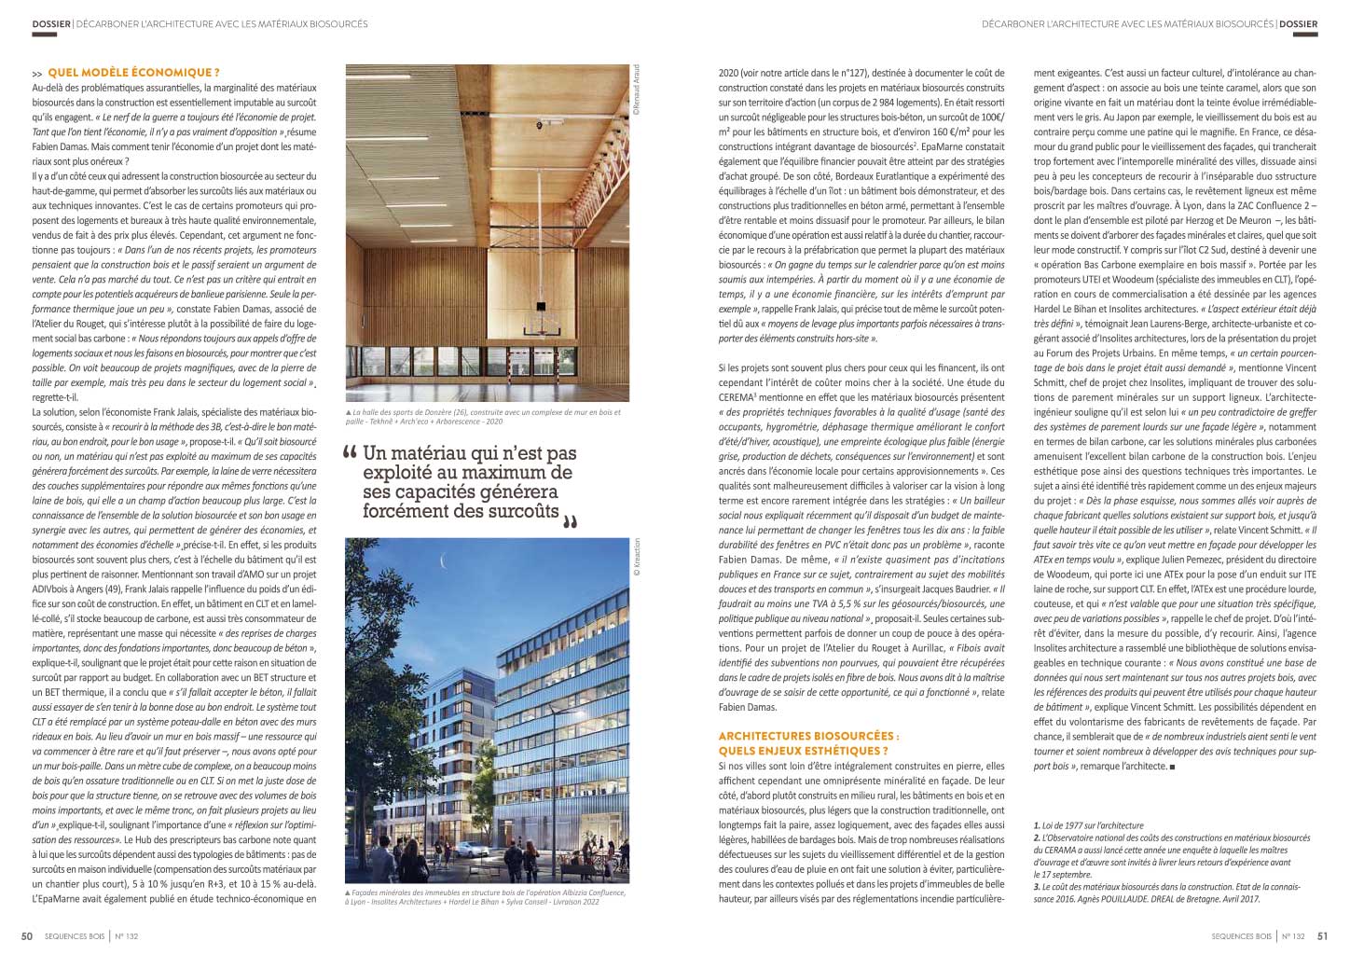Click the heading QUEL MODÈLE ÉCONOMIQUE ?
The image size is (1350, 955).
pos(133,73)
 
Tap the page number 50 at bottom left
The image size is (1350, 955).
pos(28,936)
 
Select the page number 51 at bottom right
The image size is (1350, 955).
pos(1322,936)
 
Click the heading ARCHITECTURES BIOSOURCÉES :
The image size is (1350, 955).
pos(808,736)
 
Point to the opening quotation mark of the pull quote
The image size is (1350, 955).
pos(351,454)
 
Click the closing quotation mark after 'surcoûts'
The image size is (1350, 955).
pos(571,521)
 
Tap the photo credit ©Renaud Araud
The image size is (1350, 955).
pos(637,90)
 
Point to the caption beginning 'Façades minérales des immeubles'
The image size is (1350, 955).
pos(485,897)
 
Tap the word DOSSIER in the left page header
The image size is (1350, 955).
pos(52,23)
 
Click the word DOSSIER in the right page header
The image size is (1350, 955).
pos(1298,23)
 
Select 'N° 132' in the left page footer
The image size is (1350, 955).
pos(127,936)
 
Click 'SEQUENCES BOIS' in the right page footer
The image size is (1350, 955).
pos(1241,936)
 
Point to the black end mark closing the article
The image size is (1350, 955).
pos(1172,768)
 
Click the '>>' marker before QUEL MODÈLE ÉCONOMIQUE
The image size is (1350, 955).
pos(37,74)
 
